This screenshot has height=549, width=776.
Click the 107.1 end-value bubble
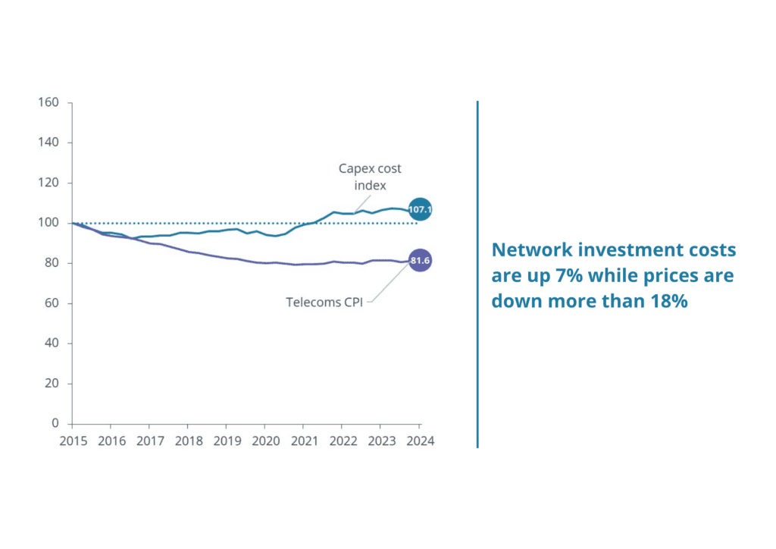click(420, 209)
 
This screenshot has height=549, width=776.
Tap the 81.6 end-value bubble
click(420, 262)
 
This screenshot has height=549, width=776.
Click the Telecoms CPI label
click(324, 302)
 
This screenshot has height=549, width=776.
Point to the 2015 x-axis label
click(74, 441)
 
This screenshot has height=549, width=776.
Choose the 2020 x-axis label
click(264, 441)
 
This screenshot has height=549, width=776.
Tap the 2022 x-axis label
click(342, 441)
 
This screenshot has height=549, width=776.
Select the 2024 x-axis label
click(419, 441)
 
